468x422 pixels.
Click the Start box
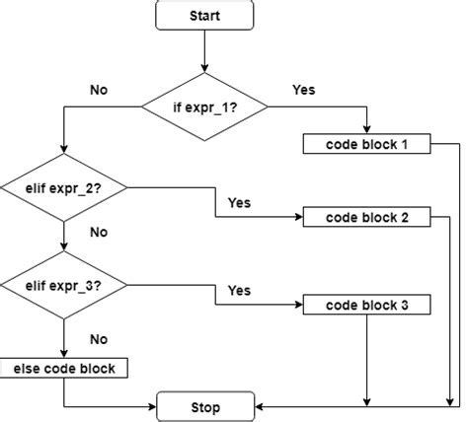[x=204, y=15]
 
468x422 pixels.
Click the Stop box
[x=204, y=405]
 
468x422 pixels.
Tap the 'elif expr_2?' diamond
[x=63, y=185]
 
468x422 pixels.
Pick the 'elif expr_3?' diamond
[x=63, y=286]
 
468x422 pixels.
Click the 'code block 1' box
[x=367, y=145]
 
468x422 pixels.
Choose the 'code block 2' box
[x=367, y=217]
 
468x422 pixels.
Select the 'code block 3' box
[x=367, y=305]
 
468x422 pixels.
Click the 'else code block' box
[x=63, y=368]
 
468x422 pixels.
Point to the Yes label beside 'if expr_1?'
[x=304, y=90]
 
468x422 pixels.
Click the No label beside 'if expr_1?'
[x=99, y=90]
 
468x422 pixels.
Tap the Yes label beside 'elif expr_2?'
[x=239, y=203]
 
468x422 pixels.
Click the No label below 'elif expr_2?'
[x=99, y=235]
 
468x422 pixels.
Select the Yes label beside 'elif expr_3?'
[x=239, y=291]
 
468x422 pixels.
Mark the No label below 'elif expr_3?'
[x=99, y=338]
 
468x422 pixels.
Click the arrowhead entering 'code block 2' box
[x=298, y=217]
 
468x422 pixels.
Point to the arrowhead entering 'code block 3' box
[x=298, y=305]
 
